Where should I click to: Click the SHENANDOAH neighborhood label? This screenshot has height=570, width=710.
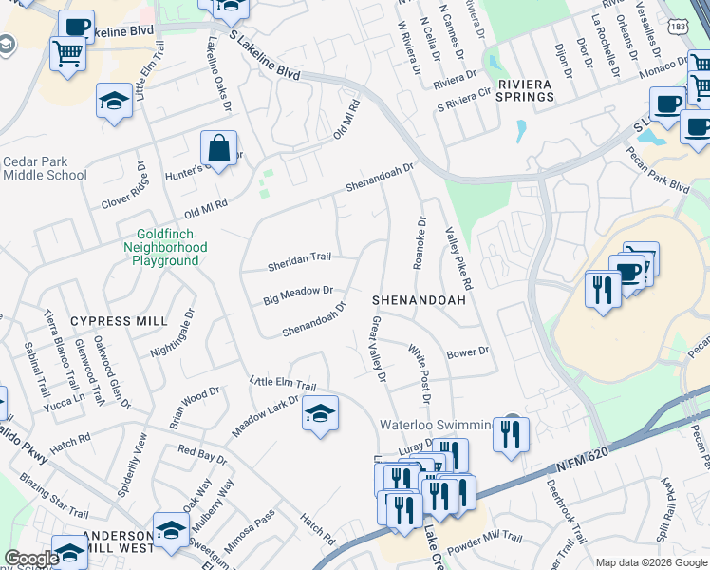(x=419, y=299)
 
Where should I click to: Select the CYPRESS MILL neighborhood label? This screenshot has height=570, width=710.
(x=104, y=321)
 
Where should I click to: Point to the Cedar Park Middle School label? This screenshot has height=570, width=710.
(x=45, y=168)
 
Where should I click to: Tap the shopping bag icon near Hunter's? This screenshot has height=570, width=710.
(x=218, y=148)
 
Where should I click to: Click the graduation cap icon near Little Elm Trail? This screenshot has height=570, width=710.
(x=321, y=413)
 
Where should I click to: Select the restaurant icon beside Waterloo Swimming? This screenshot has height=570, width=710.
(x=511, y=434)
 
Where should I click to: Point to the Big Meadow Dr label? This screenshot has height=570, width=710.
(x=298, y=295)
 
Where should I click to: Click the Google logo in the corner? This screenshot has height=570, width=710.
(x=31, y=558)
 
